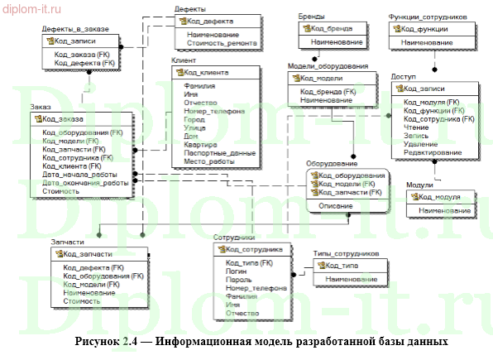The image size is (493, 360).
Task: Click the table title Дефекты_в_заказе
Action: tap(75, 29)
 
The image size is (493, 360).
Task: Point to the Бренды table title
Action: tap(312, 17)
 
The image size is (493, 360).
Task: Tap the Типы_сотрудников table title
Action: tap(345, 254)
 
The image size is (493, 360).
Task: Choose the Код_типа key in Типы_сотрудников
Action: tap(342, 266)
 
